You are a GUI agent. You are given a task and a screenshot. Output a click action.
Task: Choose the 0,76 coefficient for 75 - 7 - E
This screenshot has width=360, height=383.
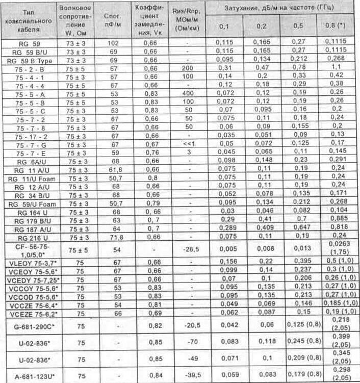coord(147,152)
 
